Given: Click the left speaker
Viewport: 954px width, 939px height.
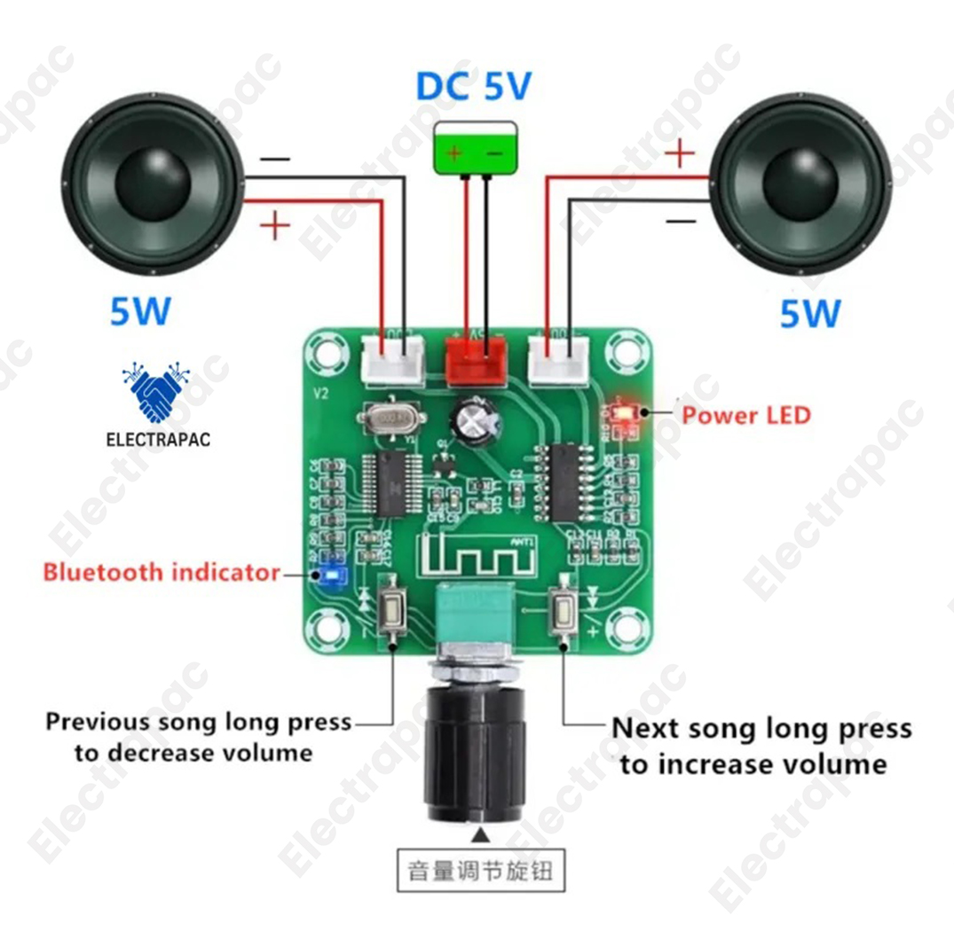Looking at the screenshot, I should click(x=153, y=184).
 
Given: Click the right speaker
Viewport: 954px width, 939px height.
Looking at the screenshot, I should click(x=800, y=184).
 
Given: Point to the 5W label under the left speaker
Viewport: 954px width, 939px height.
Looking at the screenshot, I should click(x=139, y=311).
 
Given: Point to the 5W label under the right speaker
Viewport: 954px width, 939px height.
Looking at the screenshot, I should click(x=809, y=313).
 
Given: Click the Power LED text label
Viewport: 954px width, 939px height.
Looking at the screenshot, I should click(x=746, y=415).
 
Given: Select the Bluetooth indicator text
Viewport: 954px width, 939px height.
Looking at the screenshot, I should click(x=162, y=572).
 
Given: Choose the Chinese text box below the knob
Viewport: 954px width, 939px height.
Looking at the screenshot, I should click(x=480, y=870).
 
